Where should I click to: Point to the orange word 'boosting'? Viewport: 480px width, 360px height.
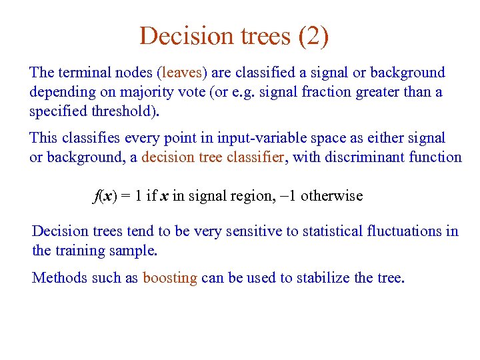[170, 277]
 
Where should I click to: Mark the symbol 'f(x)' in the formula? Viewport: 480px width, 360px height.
[104, 196]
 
